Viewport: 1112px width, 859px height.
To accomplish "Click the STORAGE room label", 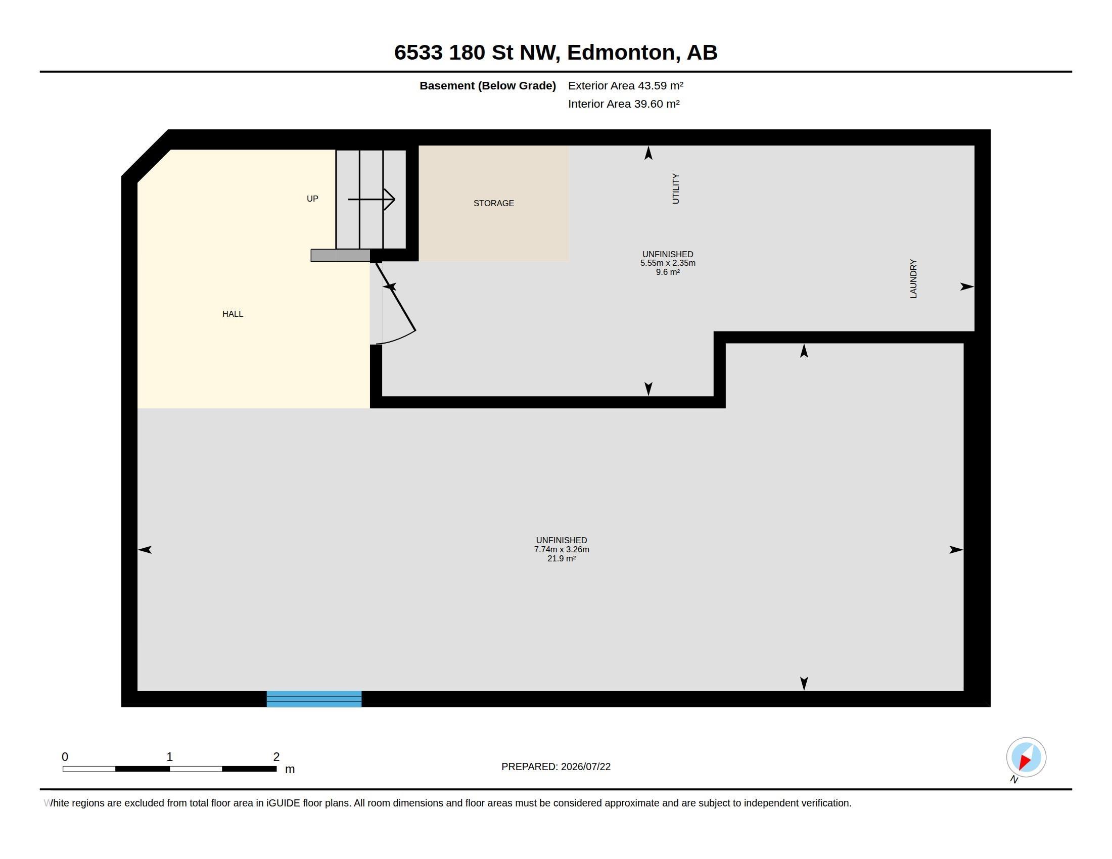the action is tap(493, 203).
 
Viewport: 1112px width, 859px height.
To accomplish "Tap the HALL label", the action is tap(233, 314).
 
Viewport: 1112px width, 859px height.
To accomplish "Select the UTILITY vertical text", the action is tap(676, 189).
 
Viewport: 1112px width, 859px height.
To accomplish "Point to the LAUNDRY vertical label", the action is tap(913, 279).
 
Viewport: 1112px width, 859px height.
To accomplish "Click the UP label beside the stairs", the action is tap(312, 199).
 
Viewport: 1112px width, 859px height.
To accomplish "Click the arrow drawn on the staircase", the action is tap(371, 199).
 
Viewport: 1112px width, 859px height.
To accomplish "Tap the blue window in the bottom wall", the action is tap(314, 699).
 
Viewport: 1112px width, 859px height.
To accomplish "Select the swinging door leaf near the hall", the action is tap(396, 296).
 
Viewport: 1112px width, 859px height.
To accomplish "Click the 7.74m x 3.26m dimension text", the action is tap(562, 550).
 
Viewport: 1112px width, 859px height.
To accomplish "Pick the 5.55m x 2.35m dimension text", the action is tap(668, 263).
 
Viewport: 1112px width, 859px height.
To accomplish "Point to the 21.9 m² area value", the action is tap(562, 558).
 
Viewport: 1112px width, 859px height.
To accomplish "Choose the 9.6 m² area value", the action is tap(668, 272).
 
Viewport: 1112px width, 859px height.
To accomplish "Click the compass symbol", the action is tap(1026, 757).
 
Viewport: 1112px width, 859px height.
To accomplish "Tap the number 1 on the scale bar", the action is tap(169, 757).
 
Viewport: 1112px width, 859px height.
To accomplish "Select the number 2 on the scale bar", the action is tap(276, 757).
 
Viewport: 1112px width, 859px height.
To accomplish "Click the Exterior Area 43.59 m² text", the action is tap(626, 85).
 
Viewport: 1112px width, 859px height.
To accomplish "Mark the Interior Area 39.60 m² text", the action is tap(624, 104).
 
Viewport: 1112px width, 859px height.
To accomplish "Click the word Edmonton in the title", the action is tap(624, 53).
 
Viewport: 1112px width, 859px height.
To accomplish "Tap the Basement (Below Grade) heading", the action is tap(488, 85).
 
